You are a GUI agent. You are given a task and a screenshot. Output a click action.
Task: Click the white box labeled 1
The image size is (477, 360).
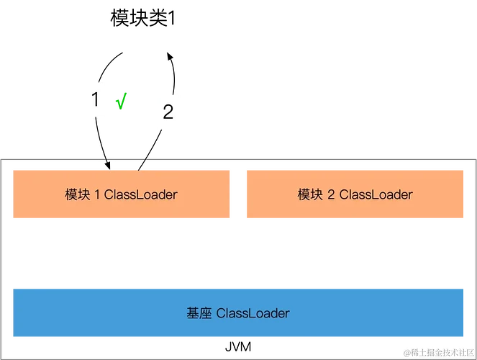click(x=94, y=100)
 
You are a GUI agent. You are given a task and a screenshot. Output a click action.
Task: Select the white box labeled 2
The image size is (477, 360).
click(x=168, y=112)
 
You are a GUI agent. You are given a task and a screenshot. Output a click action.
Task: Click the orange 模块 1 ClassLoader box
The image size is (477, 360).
click(x=121, y=194)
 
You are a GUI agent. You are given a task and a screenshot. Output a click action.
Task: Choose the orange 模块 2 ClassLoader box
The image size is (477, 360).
click(x=355, y=194)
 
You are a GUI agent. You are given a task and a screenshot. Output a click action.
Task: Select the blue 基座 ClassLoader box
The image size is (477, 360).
click(x=238, y=312)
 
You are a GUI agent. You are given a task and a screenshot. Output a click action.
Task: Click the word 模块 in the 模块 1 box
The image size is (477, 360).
click(x=76, y=194)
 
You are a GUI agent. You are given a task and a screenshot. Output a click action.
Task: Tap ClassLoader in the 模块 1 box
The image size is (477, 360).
click(x=140, y=194)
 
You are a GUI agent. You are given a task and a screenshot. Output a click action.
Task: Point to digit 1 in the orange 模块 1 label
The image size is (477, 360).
click(x=97, y=194)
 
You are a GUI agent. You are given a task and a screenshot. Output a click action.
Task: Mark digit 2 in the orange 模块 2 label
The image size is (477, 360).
click(x=330, y=194)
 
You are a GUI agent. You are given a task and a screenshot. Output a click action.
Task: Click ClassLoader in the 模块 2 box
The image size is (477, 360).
click(x=375, y=194)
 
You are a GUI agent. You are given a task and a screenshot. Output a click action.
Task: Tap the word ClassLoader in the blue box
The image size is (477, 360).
click(x=253, y=313)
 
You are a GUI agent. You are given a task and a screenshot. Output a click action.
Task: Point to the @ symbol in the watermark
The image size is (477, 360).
click(x=407, y=353)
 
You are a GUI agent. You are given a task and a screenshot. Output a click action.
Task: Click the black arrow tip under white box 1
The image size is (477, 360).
click(x=109, y=165)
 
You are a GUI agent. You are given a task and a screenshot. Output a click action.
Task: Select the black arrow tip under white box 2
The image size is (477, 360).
click(x=142, y=165)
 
